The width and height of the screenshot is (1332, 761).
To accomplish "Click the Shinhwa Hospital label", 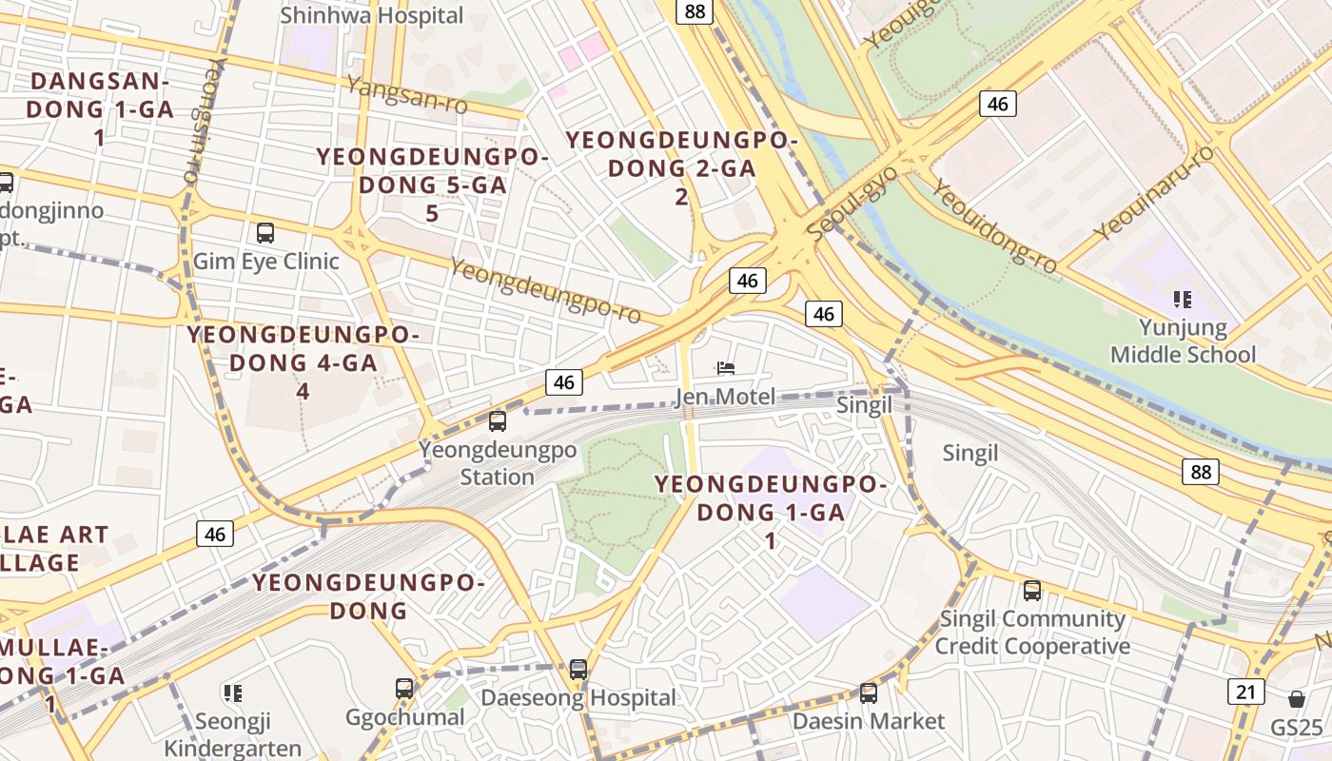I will pos(372,15).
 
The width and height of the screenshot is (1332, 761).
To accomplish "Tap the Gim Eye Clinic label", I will pos(265,261).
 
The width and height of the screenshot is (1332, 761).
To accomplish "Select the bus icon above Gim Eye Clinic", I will pos(265,232).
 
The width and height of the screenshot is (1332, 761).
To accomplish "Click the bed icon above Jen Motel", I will pos(726,367).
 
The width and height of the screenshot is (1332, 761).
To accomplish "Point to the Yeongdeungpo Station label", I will pos(498,462).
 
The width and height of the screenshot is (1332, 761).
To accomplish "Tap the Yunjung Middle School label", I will pos(1183,341).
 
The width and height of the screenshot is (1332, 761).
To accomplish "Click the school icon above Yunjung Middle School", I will pos(1183,301).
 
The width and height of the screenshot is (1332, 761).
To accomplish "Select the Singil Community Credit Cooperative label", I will pos(1032,633).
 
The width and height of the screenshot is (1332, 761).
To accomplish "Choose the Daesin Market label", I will pos(869,721).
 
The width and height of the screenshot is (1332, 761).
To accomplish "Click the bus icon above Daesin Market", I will pos(869,693).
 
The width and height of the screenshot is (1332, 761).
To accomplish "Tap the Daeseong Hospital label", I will pos(578,697).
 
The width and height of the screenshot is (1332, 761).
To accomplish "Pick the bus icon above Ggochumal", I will pos(404,688).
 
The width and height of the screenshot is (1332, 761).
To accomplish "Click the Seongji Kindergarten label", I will pos(233,734).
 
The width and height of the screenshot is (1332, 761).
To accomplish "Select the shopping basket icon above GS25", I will pos(1296,699).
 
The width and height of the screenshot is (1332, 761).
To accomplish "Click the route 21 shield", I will pos(1245,692).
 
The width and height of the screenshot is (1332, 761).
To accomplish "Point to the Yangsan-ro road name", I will pos(407,95).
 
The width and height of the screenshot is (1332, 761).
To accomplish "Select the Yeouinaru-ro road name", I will pos(1153,193).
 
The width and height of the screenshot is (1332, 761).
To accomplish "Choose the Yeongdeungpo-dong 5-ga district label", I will pos(432,185).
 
